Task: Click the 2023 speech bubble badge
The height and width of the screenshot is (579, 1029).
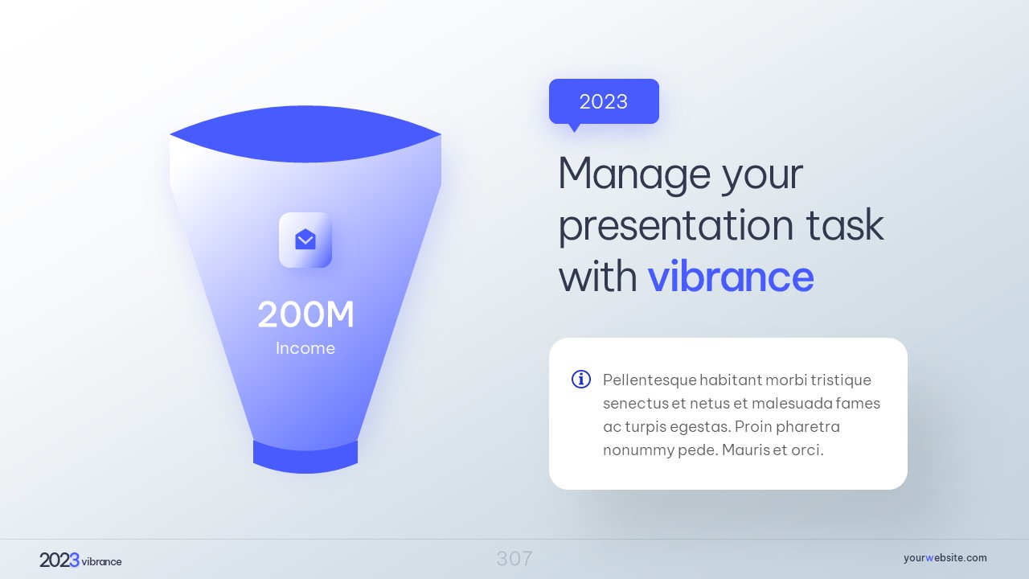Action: pos(604,101)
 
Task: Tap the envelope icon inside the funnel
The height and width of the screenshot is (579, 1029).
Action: pos(305,240)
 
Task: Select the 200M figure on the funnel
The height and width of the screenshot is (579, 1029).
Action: pos(305,314)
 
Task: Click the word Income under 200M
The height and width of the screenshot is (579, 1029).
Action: pos(305,348)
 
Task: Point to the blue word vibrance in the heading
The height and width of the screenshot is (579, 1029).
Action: pos(731,277)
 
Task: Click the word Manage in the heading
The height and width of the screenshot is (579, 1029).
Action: pos(634,175)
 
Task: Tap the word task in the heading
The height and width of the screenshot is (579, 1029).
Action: pos(845,224)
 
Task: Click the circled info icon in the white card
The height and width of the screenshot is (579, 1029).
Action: pos(581,380)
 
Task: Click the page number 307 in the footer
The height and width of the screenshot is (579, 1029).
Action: pos(514,559)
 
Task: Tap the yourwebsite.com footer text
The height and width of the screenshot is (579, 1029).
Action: pos(945,558)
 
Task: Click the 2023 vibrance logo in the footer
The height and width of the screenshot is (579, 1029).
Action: pos(80,561)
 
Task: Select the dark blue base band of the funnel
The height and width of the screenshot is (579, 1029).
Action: pos(305,458)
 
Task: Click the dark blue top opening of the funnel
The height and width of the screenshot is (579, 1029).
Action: pos(305,133)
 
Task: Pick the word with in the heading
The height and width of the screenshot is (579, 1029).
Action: pos(598,277)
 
